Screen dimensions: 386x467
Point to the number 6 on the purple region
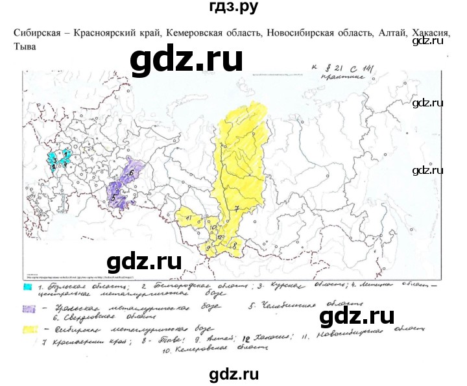(131, 173)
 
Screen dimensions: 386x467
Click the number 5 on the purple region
(114, 197)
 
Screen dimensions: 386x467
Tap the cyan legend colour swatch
(28, 285)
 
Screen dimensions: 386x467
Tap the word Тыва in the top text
(24, 47)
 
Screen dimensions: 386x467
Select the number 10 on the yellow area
(212, 227)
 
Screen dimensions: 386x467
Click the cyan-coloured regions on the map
(58, 158)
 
